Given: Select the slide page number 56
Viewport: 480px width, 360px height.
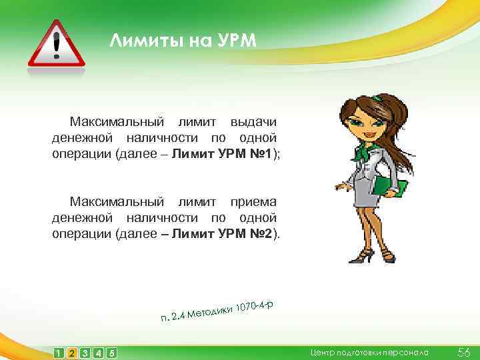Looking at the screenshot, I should [464, 351].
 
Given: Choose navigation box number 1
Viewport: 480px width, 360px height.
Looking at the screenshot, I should [59, 352].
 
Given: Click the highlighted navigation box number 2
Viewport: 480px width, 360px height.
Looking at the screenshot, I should [72, 352].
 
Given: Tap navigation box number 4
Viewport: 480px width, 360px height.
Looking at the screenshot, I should [98, 352].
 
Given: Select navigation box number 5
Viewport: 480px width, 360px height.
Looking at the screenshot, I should [111, 352].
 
